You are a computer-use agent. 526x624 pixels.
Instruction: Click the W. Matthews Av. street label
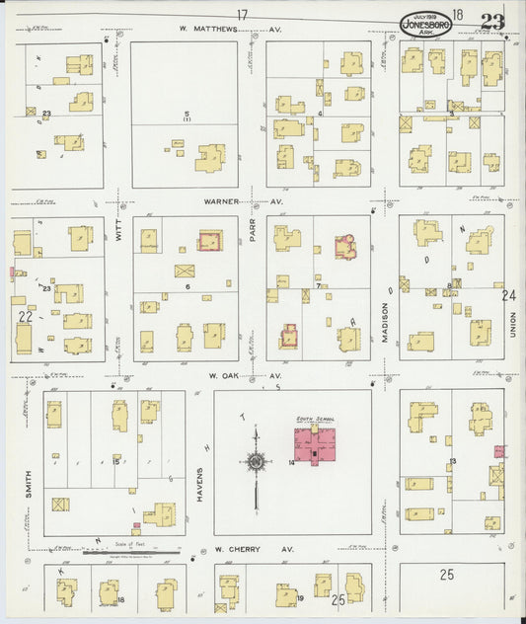(x=230, y=31)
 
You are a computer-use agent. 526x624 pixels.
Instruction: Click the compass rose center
(x=256, y=460)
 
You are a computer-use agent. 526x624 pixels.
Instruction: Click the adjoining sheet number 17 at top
(x=242, y=14)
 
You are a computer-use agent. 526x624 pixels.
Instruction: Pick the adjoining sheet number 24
(x=508, y=295)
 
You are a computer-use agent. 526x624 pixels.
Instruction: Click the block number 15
(x=115, y=461)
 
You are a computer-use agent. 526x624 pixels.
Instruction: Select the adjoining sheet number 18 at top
(x=458, y=14)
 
